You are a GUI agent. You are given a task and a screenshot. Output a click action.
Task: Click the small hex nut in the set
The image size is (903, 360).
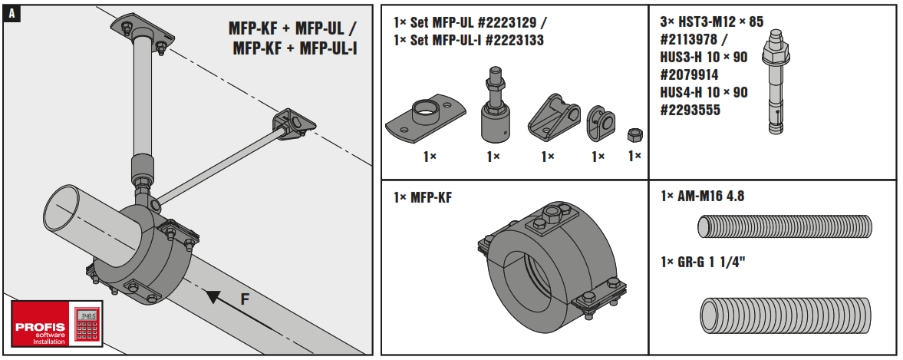[x=634, y=135]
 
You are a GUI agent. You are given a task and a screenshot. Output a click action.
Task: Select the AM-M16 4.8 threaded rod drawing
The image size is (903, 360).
[x=784, y=227]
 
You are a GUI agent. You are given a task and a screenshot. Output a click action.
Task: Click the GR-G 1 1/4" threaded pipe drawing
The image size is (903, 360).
[x=786, y=315]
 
